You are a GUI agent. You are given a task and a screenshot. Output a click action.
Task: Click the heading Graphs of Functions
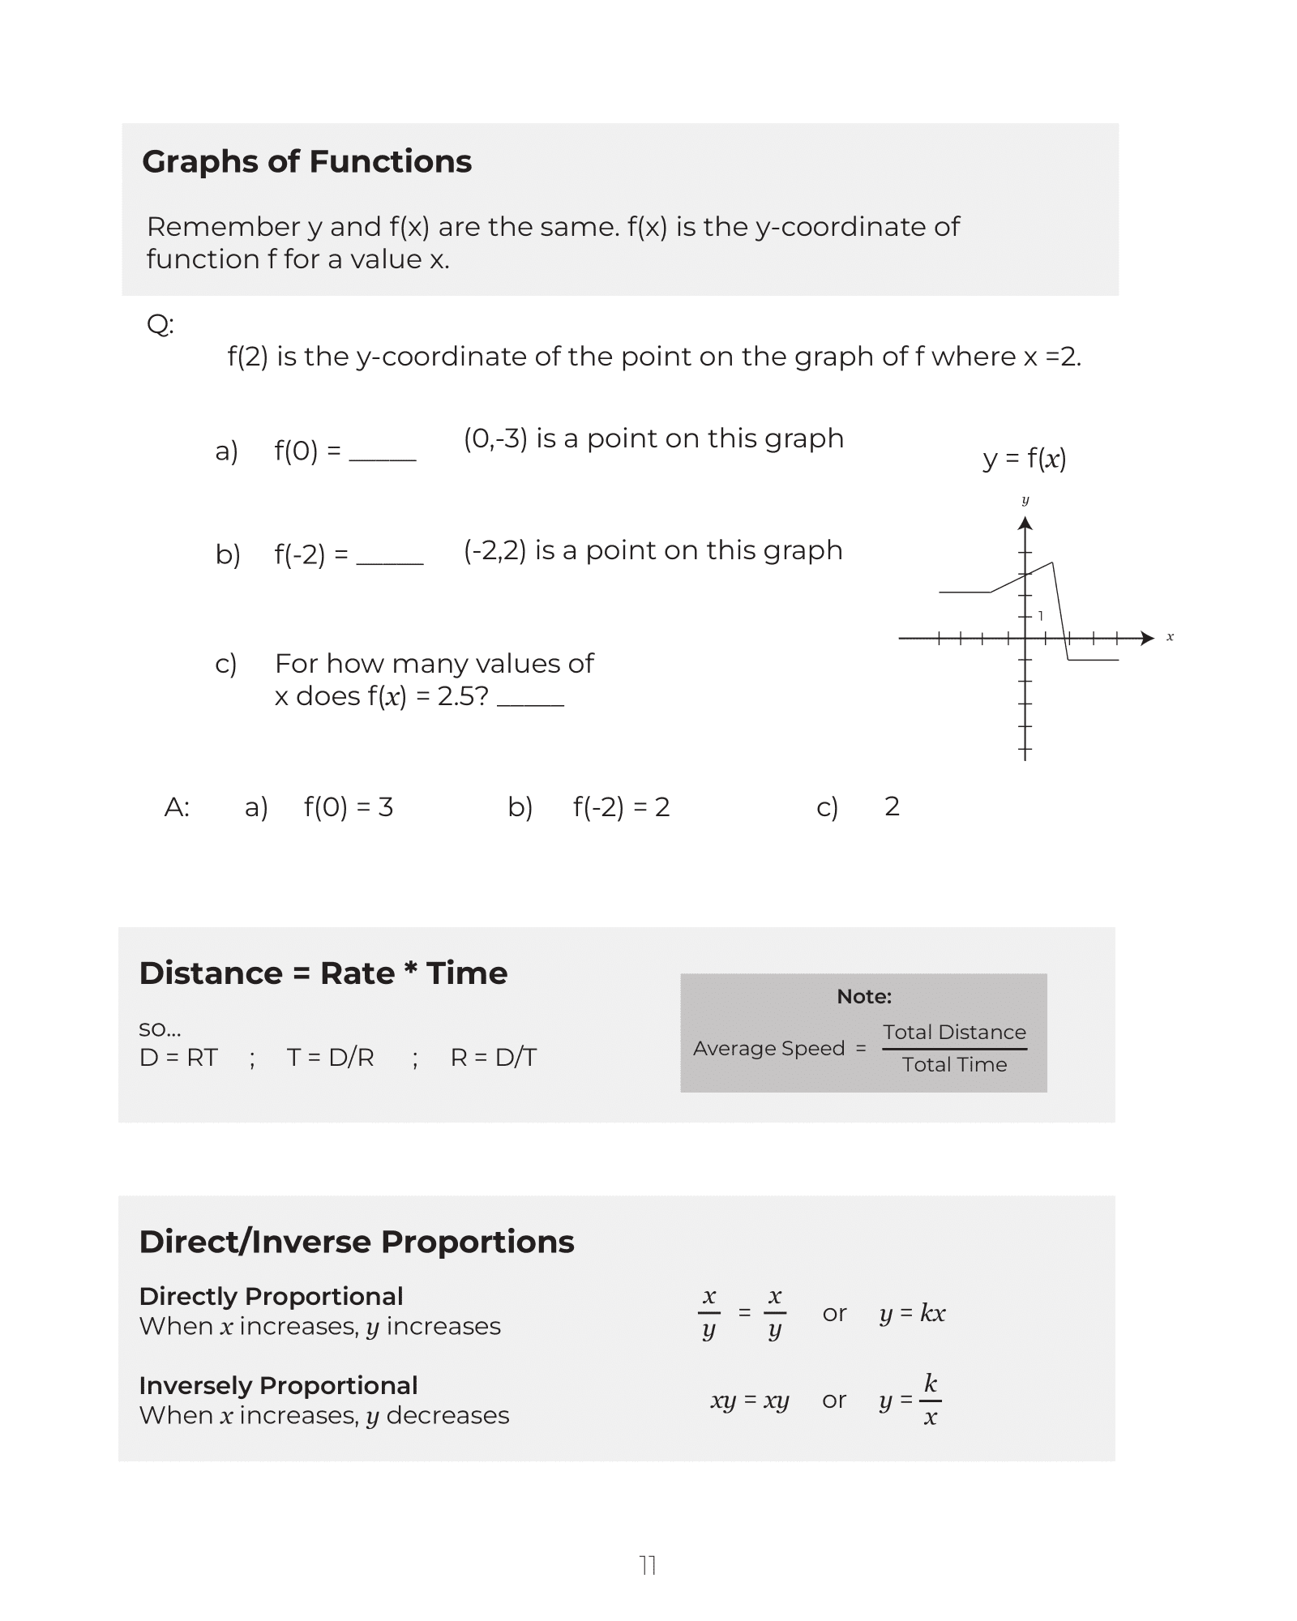(306, 161)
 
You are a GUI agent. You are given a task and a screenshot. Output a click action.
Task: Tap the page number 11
(648, 1565)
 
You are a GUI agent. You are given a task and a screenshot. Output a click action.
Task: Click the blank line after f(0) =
(383, 459)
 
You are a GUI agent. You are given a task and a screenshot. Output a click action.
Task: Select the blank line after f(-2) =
(390, 562)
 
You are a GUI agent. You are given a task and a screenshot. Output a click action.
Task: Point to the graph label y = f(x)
(1025, 459)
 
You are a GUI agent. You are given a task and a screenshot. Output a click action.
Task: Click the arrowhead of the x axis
(1147, 638)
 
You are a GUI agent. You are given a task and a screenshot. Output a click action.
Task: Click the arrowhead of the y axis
(1025, 524)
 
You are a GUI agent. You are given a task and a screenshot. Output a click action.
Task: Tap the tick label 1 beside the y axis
(1040, 616)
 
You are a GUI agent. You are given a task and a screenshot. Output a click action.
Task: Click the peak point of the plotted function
(1052, 562)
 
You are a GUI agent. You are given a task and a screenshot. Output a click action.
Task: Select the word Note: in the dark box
(864, 996)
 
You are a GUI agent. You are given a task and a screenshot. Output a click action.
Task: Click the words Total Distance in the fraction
(954, 1032)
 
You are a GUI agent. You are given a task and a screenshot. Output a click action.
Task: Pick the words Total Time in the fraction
(954, 1064)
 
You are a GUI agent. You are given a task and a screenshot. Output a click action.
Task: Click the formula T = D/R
(330, 1057)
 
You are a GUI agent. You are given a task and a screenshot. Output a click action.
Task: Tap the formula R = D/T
(494, 1057)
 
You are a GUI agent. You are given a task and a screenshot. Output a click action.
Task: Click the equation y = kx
(912, 1313)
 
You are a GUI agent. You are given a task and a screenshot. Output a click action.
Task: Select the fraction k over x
(930, 1400)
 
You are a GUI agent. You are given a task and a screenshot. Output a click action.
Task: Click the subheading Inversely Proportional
(278, 1385)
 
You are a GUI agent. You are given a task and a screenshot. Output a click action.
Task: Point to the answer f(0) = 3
(349, 806)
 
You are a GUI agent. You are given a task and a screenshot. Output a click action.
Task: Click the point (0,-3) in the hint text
(495, 438)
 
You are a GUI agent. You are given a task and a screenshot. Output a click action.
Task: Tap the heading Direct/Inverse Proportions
(357, 1242)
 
